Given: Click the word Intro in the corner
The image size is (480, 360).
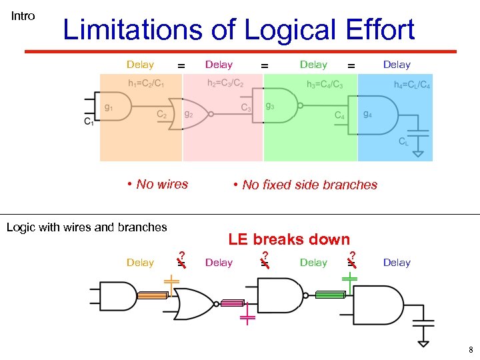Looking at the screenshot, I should [23, 16].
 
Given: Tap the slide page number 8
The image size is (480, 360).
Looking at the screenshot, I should [470, 350].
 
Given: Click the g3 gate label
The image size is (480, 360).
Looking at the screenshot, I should [270, 106].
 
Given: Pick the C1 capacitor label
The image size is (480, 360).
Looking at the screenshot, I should [89, 121].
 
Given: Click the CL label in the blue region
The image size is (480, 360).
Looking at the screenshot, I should [404, 141].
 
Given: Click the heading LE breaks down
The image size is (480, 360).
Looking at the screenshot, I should [289, 239].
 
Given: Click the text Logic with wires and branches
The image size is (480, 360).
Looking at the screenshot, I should [87, 227].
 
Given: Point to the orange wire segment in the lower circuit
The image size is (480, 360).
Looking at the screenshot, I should [151, 297].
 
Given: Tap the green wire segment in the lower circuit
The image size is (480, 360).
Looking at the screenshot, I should [330, 295].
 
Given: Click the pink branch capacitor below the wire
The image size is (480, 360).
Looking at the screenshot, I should [247, 315].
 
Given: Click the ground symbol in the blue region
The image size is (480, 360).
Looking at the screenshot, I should [418, 153].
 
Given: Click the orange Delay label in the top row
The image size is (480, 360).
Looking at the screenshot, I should [140, 65].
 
